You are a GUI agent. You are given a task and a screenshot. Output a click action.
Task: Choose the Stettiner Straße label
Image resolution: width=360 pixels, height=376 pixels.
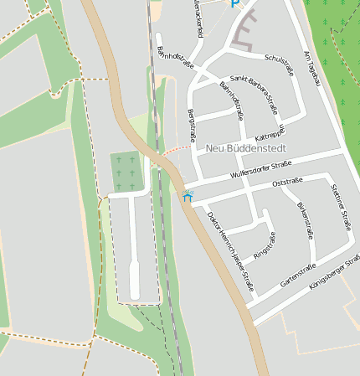pyautogui.click(x=342, y=207)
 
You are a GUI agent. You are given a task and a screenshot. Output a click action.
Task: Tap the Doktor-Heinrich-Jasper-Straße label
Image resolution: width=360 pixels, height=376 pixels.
pyautogui.click(x=230, y=245)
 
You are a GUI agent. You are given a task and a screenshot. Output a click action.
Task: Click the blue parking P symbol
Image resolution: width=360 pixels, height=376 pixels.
pyautogui.click(x=235, y=3)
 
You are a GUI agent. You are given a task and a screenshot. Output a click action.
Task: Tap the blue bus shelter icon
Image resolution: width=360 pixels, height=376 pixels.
pyautogui.click(x=187, y=196)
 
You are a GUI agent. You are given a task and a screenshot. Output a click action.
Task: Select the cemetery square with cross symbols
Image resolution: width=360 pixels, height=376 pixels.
pyautogui.click(x=126, y=170)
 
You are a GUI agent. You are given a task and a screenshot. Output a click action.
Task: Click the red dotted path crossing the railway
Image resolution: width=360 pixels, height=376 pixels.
pyautogui.click(x=176, y=148)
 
